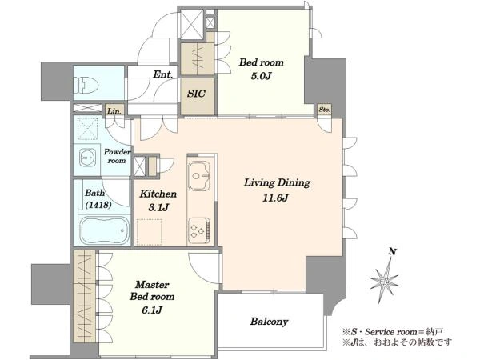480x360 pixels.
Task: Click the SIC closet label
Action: [196, 94]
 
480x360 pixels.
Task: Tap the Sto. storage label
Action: [324, 110]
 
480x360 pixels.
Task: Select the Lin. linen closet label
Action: [114, 111]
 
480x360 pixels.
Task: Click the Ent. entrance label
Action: [162, 74]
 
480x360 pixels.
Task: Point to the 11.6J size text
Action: [275, 198]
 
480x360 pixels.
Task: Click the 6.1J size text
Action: [152, 310]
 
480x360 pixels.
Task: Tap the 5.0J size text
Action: [261, 76]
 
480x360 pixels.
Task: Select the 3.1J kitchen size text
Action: [158, 207]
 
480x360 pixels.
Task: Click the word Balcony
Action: [269, 322]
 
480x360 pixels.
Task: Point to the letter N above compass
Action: [393, 252]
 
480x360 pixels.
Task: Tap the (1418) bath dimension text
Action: [98, 205]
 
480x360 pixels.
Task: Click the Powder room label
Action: [117, 156]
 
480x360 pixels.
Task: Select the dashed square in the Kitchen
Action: [149, 232]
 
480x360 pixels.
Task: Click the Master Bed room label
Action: [152, 290]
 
